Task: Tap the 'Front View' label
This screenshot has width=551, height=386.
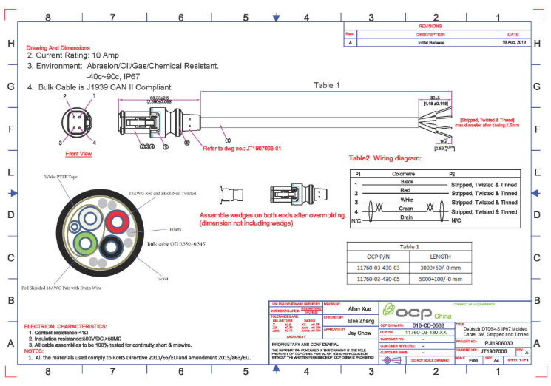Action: (78, 154)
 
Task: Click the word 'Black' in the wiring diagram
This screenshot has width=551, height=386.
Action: (406, 181)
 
